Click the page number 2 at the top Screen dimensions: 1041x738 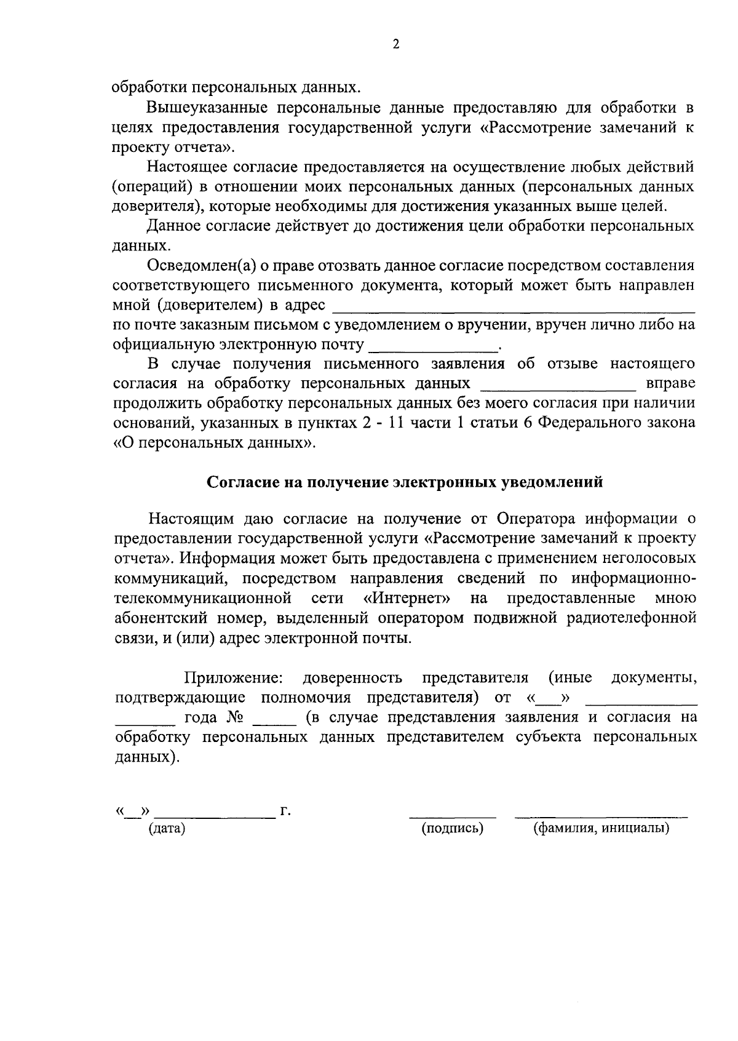[x=396, y=44]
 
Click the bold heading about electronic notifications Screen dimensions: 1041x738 [x=404, y=482]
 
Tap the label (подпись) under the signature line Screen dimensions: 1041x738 [x=453, y=828]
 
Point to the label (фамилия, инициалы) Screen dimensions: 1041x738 [x=601, y=828]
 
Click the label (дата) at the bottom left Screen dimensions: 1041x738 [x=167, y=828]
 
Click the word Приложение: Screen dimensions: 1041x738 [x=234, y=677]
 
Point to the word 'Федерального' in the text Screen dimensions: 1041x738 [x=593, y=423]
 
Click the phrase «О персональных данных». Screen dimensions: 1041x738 [x=215, y=443]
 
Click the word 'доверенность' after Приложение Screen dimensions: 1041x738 [x=352, y=677]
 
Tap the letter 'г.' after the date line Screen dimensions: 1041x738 [x=285, y=811]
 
